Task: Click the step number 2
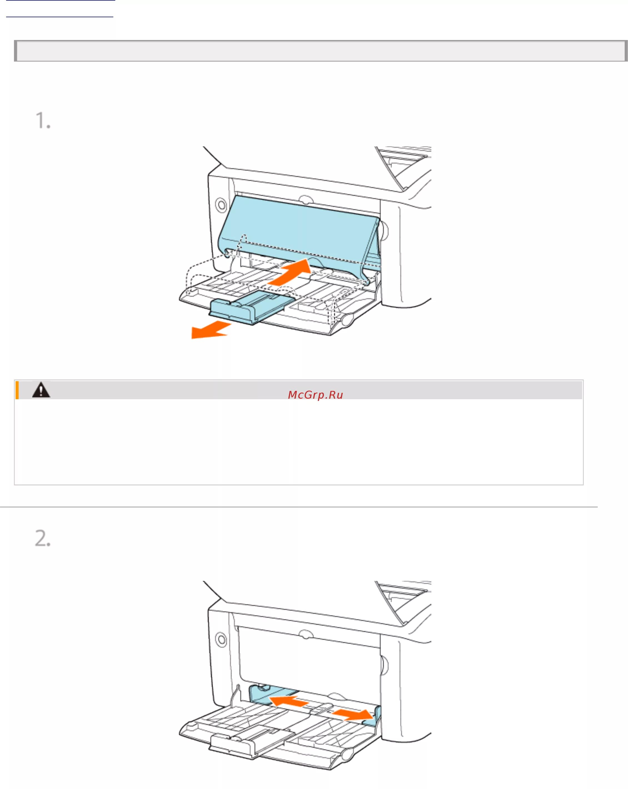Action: point(42,538)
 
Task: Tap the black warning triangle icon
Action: point(41,390)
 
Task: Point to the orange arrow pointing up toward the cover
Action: point(291,271)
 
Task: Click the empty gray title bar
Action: point(320,51)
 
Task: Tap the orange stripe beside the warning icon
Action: point(17,390)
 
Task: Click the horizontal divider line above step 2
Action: point(298,507)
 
